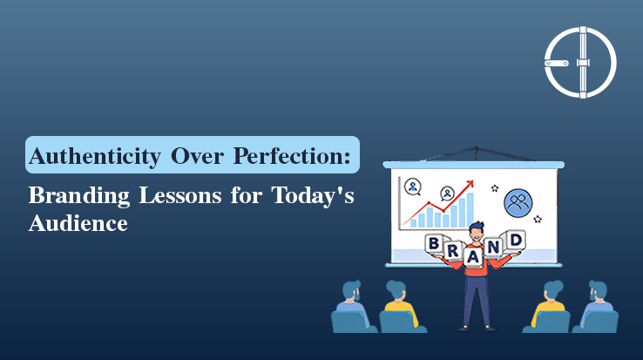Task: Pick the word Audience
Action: pyautogui.click(x=78, y=223)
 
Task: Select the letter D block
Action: pyautogui.click(x=517, y=239)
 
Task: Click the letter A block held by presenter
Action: pyautogui.click(x=474, y=257)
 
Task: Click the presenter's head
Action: pyautogui.click(x=475, y=231)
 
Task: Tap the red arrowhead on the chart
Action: pyautogui.click(x=470, y=185)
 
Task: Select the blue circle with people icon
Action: pyautogui.click(x=518, y=203)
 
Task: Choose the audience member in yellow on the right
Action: pyautogui.click(x=551, y=305)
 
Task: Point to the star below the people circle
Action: pyautogui.click(x=538, y=220)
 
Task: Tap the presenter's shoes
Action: pyautogui.click(x=475, y=328)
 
